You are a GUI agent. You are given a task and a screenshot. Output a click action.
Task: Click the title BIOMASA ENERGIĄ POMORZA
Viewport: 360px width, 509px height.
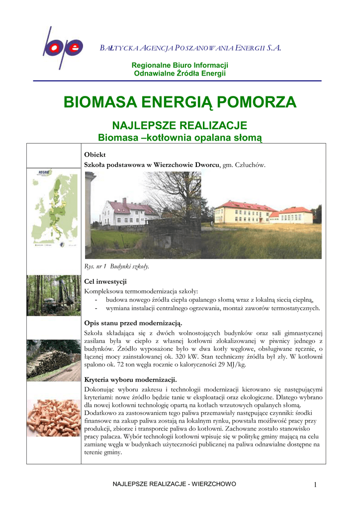[180, 102]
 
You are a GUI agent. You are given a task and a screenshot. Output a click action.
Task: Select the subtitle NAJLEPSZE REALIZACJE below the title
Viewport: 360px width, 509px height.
[180, 125]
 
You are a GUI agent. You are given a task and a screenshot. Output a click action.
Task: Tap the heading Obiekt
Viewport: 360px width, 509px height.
[95, 155]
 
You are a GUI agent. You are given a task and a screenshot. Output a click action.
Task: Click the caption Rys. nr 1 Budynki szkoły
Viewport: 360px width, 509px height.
[117, 266]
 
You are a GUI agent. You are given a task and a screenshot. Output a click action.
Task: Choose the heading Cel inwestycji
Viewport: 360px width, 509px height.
[105, 282]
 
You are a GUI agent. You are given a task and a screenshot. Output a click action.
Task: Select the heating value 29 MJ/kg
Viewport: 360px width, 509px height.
[229, 364]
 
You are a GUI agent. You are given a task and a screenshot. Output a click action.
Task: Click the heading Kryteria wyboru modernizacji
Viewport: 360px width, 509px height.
[131, 380]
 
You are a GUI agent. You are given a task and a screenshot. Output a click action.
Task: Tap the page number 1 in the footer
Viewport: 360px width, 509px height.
[315, 485]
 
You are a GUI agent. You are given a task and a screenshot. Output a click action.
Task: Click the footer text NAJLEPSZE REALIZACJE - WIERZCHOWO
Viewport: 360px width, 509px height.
[175, 484]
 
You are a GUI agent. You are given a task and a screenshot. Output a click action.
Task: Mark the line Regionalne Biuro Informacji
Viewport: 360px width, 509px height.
[180, 66]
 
